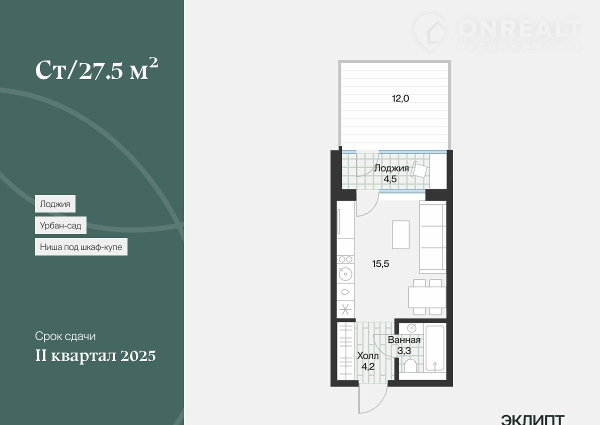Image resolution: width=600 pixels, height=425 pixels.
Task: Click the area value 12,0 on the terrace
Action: coord(400,99)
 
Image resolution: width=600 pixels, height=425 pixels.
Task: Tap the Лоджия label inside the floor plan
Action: coord(391,168)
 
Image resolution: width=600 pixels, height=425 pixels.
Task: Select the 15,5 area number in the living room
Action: coord(380,264)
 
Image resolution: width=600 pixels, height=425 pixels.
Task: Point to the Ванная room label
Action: coord(404,340)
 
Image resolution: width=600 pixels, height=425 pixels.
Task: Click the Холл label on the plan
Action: coord(368,355)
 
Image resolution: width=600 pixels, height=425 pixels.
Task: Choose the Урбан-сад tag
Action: coord(60,225)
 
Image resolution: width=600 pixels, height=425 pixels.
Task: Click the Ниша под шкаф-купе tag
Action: coord(81,247)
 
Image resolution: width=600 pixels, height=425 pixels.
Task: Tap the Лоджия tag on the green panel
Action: coord(55,204)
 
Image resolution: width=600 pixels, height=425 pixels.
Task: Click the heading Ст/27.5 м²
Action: coord(96,69)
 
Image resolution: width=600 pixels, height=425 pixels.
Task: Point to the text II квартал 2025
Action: coord(95,356)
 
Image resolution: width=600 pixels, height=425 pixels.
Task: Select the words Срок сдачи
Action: coord(65,336)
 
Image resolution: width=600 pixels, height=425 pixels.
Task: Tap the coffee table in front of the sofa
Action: coord(400,234)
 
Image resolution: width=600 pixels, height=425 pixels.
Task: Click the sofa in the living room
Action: coord(432,237)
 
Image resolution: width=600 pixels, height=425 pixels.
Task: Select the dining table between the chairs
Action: coord(427,297)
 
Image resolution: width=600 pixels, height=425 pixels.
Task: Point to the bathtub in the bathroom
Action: coord(435,348)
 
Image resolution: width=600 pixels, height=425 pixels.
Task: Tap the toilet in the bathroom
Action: coord(410,366)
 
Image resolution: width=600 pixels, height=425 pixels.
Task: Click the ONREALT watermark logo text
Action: coord(520,29)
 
